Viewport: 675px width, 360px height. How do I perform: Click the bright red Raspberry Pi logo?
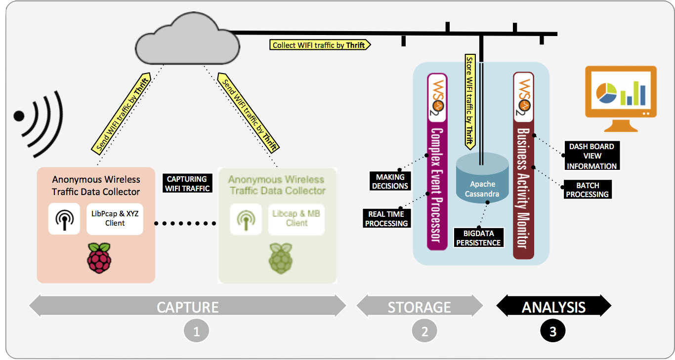pos(99,258)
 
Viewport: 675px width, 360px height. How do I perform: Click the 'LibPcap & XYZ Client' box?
pos(115,219)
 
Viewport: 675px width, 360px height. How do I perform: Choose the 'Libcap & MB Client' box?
pos(296,219)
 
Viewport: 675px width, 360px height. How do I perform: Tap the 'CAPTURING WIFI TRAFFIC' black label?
pos(187,183)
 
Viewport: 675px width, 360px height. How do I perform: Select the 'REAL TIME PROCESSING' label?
pos(386,219)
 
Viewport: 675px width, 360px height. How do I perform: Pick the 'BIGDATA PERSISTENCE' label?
pos(478,238)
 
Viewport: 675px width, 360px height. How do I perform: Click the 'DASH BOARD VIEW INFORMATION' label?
pos(591,156)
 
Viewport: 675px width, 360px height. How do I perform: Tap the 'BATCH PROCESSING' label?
pos(587,190)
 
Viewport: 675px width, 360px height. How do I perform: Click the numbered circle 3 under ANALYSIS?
pos(552,332)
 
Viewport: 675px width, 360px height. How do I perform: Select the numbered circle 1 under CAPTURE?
pos(196,332)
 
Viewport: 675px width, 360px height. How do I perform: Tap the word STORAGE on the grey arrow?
pos(419,307)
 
